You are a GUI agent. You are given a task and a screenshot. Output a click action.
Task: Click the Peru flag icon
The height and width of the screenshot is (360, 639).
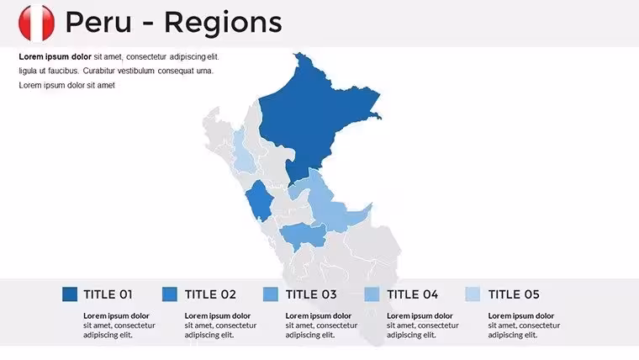[36, 23]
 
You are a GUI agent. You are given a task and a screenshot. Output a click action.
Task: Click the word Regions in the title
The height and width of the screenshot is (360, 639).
[223, 24]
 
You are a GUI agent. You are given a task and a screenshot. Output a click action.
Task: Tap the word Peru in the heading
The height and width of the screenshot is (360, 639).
[98, 22]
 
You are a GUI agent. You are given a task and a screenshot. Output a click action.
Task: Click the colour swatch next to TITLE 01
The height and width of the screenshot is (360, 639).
[70, 294]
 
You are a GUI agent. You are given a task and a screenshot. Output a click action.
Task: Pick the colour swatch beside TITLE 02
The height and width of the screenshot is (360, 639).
[170, 294]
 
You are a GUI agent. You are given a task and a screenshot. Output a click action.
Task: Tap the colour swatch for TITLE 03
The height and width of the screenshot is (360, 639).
[271, 294]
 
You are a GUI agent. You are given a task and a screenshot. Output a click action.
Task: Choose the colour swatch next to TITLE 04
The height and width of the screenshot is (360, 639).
[372, 294]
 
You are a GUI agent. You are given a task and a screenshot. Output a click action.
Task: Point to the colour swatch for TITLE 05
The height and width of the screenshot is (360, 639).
[473, 294]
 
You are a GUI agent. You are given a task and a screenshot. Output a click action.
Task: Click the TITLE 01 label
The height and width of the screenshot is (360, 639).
[108, 294]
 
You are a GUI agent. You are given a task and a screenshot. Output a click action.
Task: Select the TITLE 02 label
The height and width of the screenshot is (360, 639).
[210, 294]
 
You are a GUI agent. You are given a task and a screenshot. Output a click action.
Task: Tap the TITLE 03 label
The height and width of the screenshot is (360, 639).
[311, 294]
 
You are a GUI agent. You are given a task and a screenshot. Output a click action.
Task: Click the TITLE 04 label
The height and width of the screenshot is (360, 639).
[413, 294]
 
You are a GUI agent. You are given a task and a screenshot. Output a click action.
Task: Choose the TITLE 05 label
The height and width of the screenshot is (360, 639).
[514, 294]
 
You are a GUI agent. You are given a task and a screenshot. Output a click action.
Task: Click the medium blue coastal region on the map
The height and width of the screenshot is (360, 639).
[260, 200]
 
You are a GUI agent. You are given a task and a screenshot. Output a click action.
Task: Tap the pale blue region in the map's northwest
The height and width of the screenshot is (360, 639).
[244, 151]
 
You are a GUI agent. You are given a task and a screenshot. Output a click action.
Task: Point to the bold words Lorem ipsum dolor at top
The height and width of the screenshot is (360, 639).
[55, 56]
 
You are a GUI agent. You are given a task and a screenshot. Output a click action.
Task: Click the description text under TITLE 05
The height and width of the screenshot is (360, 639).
[524, 326]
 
